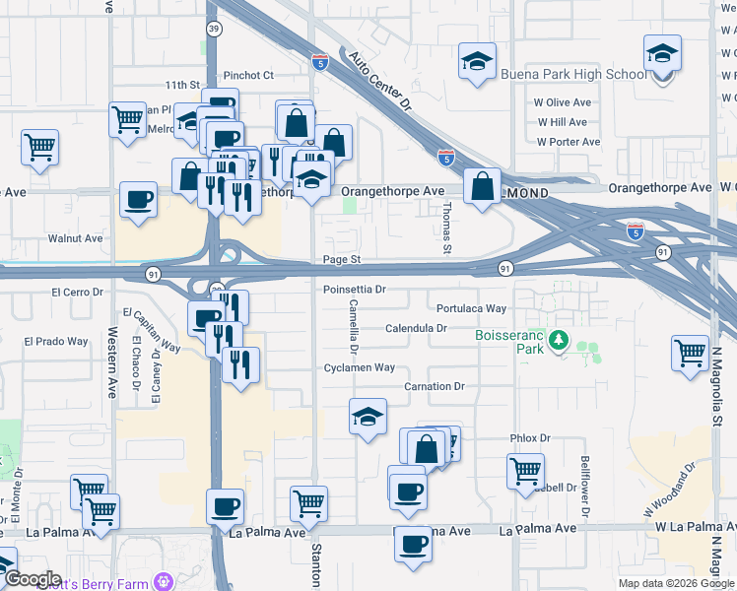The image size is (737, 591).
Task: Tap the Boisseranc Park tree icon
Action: coord(560,341)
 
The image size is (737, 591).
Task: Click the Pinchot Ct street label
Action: coord(248,75)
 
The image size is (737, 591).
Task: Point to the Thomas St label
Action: coord(446,229)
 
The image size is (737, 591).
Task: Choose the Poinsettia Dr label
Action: coord(354,290)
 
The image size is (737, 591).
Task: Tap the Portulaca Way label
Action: coord(471,308)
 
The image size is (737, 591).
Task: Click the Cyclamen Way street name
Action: coord(360,367)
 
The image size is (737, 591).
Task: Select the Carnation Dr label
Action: coord(434,387)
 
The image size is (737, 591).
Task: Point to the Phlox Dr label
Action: coord(529,437)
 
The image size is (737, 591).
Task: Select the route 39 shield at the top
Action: coord(214,30)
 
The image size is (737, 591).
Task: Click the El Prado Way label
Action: coord(56,342)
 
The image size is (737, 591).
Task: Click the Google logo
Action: coord(33,579)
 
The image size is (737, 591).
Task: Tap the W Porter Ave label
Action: coord(569,142)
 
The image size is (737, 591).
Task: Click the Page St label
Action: coord(343,260)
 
